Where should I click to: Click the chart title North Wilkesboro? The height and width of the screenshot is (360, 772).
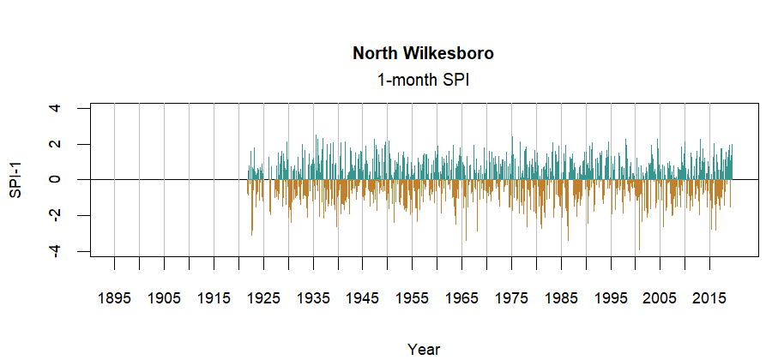pyautogui.click(x=423, y=53)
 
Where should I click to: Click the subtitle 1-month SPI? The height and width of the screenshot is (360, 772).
pyautogui.click(x=423, y=80)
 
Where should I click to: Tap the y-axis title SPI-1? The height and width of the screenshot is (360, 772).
pyautogui.click(x=16, y=180)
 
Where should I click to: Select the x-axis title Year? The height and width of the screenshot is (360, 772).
pyautogui.click(x=424, y=349)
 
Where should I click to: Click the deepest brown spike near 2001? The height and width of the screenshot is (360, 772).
pyautogui.click(x=639, y=247)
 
